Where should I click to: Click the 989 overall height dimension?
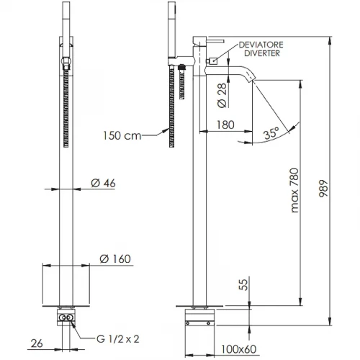point(323,189)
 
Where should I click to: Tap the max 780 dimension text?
point(294,190)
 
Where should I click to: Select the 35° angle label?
point(272,132)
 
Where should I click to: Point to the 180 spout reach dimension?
point(225,125)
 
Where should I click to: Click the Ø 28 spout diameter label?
point(222,95)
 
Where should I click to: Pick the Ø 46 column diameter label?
point(103,184)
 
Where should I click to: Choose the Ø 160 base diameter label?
point(115,259)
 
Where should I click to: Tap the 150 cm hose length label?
point(122,135)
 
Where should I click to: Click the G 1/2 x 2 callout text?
point(118,339)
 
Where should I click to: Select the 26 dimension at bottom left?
point(37,343)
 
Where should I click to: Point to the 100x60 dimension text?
point(238,349)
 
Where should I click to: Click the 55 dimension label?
point(243,284)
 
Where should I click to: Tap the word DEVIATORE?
point(261,45)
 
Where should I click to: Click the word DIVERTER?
point(262,53)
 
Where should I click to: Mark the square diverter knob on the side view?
point(213,61)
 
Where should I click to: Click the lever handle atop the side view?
point(215,41)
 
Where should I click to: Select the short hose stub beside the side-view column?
point(182,81)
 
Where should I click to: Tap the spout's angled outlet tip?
point(252,78)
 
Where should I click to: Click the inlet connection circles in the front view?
point(66,318)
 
